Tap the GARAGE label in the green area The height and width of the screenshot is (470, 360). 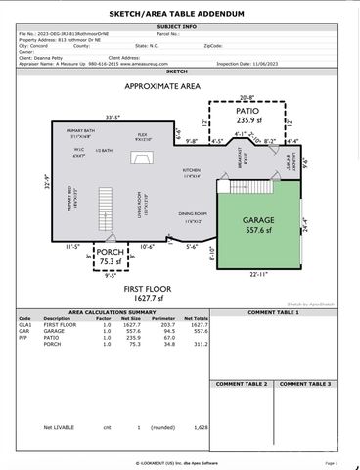point(258,221)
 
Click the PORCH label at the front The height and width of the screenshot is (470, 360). point(110,251)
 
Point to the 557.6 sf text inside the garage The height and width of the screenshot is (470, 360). point(258,233)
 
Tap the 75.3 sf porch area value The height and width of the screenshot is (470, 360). point(110,261)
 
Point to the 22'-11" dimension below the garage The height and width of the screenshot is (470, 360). point(258,274)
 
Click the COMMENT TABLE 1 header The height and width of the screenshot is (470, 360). point(273,312)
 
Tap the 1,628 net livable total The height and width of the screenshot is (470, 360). point(201,428)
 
